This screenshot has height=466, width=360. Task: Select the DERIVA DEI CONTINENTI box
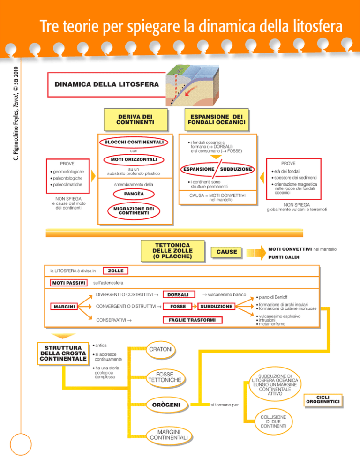point(136,119)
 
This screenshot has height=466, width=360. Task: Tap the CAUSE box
point(226,253)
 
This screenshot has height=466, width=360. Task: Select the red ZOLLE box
point(115,271)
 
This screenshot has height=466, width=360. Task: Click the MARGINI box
point(64,307)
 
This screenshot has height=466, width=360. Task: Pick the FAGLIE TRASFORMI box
point(193,320)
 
